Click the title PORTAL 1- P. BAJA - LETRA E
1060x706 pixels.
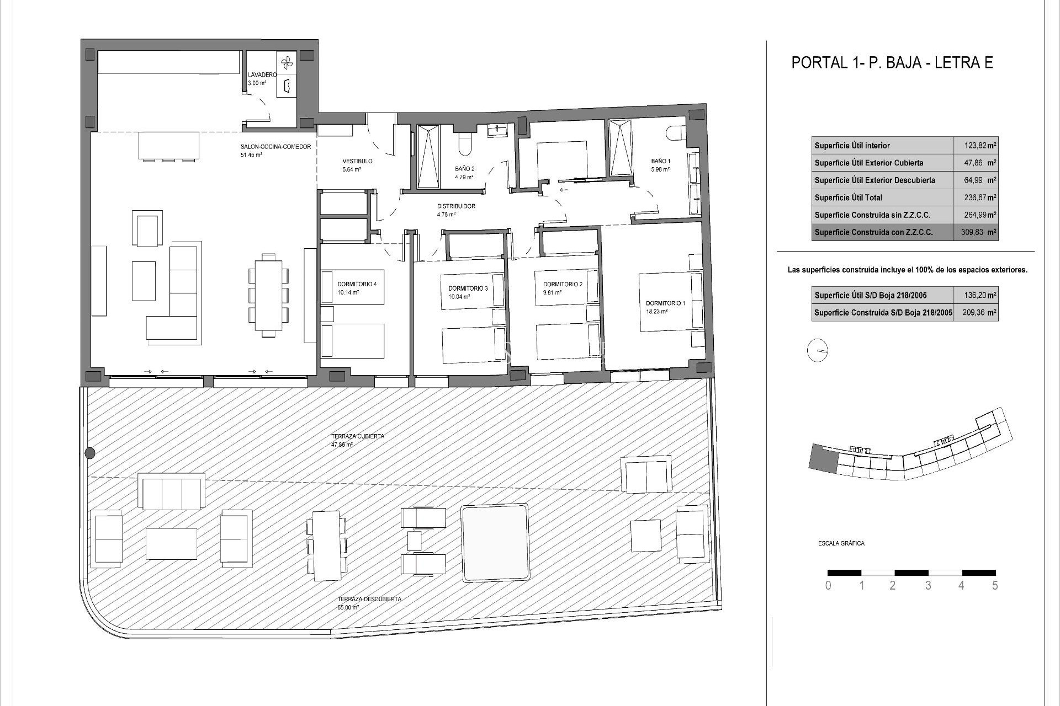[892, 62]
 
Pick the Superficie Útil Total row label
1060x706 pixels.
[848, 197]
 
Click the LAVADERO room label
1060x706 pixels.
[262, 74]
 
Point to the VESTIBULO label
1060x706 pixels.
[357, 161]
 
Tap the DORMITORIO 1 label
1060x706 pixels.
[665, 303]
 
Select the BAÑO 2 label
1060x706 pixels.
[465, 169]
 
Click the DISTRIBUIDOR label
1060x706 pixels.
[456, 206]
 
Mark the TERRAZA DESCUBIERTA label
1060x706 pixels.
[369, 599]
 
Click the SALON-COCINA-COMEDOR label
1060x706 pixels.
[275, 147]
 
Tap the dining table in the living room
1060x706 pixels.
[269, 295]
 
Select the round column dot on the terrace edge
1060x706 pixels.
[90, 453]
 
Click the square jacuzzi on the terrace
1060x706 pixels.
[495, 543]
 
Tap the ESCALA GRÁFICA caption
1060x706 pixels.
[841, 543]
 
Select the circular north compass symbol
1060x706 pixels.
[818, 351]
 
